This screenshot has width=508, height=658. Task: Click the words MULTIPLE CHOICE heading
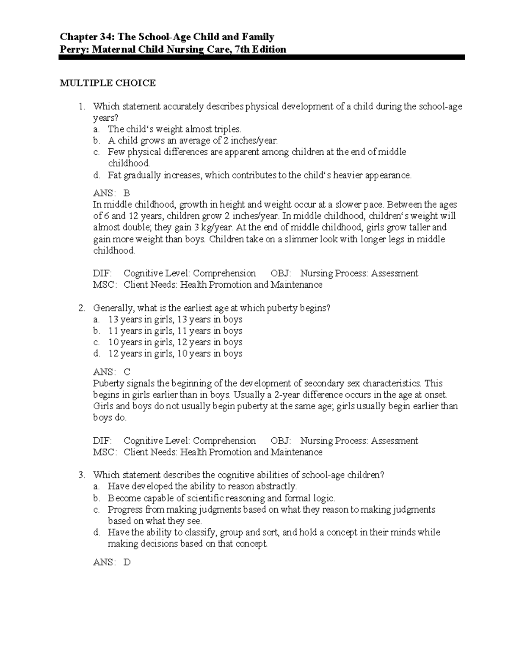click(108, 83)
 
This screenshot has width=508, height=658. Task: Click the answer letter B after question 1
click(127, 193)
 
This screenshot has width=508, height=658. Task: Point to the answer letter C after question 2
click(127, 372)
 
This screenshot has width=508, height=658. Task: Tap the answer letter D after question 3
click(127, 562)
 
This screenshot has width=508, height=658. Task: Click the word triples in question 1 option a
click(227, 129)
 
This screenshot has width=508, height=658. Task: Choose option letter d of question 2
click(97, 353)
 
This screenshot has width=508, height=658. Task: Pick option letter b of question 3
click(97, 498)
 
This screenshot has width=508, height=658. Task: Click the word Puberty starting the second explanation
click(108, 383)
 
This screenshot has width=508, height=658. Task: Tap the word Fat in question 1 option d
click(114, 175)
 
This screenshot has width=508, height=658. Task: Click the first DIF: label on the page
click(102, 273)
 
